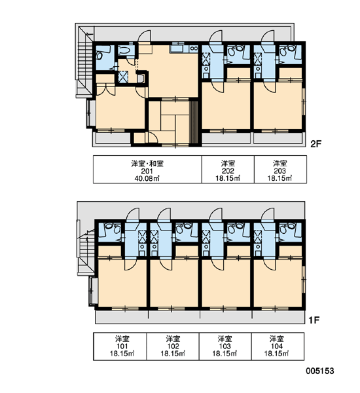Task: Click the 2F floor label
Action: (x=315, y=144)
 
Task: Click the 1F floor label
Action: (x=314, y=320)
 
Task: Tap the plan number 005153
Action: (x=319, y=371)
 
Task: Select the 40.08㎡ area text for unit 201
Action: (x=147, y=178)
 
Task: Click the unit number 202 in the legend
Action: (x=228, y=171)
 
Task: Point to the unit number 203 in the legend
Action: (x=280, y=171)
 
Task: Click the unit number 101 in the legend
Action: (x=122, y=346)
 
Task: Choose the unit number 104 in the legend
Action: (x=277, y=346)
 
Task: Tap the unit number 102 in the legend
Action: (x=173, y=346)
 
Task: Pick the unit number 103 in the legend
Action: (x=225, y=346)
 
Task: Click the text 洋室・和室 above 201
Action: (x=147, y=164)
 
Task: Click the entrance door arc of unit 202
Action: (x=215, y=36)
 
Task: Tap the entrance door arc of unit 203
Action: (x=268, y=36)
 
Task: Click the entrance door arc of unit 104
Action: (x=268, y=214)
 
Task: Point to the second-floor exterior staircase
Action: (x=84, y=63)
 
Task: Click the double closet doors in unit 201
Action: (x=105, y=90)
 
